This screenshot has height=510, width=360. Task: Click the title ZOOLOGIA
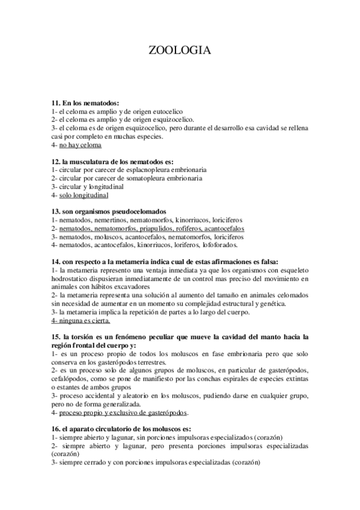[x=179, y=52]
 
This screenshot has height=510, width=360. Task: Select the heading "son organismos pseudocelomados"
[x=108, y=212]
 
